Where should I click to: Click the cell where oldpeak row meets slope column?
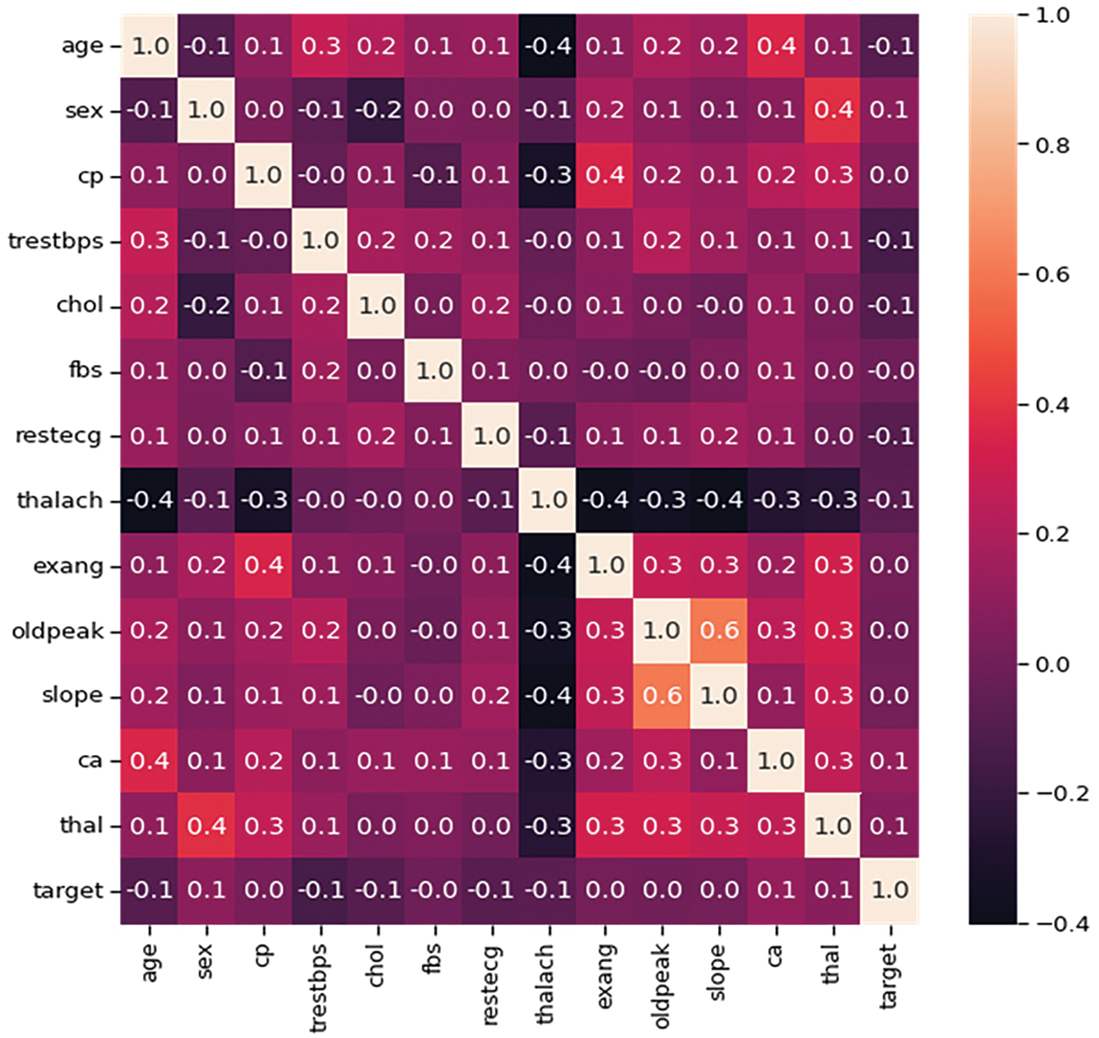pos(719,631)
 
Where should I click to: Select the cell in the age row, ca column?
pos(776,46)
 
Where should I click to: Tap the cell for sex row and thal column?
pos(833,110)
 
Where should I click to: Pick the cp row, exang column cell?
pos(605,175)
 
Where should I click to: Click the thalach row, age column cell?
pos(150,500)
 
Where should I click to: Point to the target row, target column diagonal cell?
pos(890,890)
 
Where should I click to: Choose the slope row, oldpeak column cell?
pos(662,696)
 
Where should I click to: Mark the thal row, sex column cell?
pos(207,825)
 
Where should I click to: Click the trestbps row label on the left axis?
pos(55,241)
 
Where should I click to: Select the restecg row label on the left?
pos(58,435)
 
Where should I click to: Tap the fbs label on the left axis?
pos(85,371)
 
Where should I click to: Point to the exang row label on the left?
pos(67,566)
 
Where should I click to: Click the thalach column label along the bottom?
pos(546,983)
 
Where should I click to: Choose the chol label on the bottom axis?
pos(376,964)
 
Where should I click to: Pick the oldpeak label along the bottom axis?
pos(661,985)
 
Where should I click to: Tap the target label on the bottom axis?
pos(889,974)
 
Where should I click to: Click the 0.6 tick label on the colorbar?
pos(1052,275)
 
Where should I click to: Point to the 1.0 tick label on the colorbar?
pos(1052,16)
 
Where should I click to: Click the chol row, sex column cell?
pos(207,306)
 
